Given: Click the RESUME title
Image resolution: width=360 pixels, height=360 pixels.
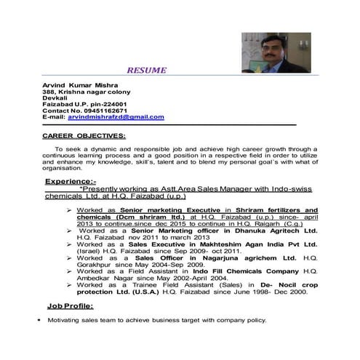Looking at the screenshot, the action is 146,71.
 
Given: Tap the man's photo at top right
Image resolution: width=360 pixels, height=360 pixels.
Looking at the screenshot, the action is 275,52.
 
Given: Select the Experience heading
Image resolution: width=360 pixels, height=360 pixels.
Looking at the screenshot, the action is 71,180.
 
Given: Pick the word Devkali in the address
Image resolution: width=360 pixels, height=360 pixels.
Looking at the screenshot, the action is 55,97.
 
